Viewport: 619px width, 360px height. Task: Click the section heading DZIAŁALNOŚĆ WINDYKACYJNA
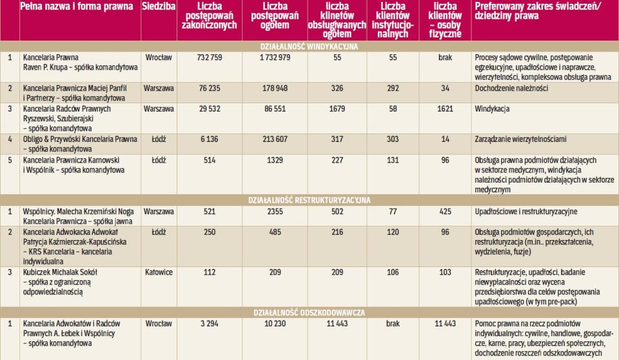pyautogui.click(x=309, y=46)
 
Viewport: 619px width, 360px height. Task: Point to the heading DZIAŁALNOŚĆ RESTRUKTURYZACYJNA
pyautogui.click(x=309, y=201)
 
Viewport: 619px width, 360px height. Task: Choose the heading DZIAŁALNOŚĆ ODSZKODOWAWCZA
pyautogui.click(x=309, y=312)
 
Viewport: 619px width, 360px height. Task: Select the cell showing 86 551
pyautogui.click(x=275, y=109)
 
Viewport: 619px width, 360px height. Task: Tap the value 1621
pyautogui.click(x=445, y=109)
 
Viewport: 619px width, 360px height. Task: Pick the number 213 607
pyautogui.click(x=275, y=139)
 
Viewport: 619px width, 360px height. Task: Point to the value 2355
pyautogui.click(x=275, y=211)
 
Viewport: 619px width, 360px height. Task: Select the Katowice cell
pyautogui.click(x=158, y=272)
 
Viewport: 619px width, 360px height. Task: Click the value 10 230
pyautogui.click(x=275, y=323)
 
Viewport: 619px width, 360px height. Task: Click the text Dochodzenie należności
pyautogui.click(x=511, y=87)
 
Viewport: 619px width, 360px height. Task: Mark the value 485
pyautogui.click(x=275, y=231)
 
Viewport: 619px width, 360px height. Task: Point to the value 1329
pyautogui.click(x=275, y=161)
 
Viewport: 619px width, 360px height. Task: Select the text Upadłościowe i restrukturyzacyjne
pyautogui.click(x=525, y=211)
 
